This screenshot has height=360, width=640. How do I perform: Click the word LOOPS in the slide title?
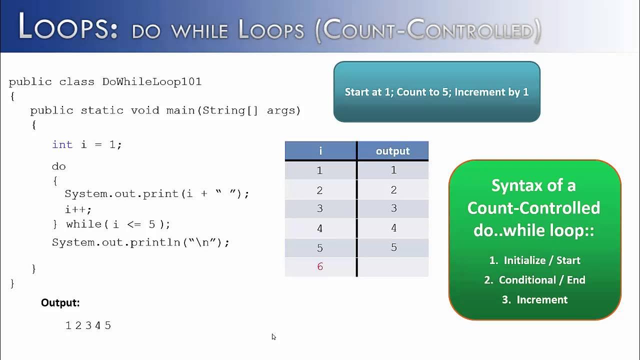coord(67,28)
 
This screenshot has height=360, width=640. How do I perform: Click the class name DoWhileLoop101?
coord(151,81)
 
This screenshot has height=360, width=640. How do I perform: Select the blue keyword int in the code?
coord(62,144)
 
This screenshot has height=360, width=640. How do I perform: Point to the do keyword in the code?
coord(58,166)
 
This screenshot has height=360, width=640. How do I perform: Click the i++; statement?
coord(78,210)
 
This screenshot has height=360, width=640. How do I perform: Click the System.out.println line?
coord(140,242)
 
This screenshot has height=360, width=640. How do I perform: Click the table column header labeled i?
coord(320,151)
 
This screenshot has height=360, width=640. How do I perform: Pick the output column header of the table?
coord(392,151)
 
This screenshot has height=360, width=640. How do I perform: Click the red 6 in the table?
coord(320,266)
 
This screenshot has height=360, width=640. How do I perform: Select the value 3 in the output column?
coord(393,208)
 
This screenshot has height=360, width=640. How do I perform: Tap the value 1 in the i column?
coord(320,170)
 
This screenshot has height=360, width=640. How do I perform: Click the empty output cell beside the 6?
coord(393,266)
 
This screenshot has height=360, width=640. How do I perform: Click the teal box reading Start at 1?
coord(436,92)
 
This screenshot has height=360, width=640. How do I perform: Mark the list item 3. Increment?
coord(535,299)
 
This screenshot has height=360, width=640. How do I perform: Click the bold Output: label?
coord(60,302)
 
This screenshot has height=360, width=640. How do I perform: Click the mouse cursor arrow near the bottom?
coord(273,336)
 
